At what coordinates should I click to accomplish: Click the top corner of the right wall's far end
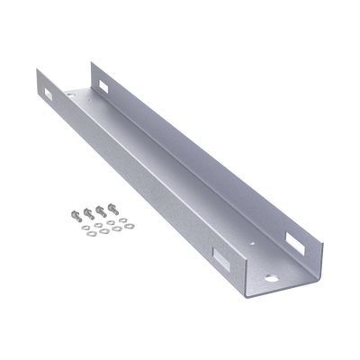(91, 60)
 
